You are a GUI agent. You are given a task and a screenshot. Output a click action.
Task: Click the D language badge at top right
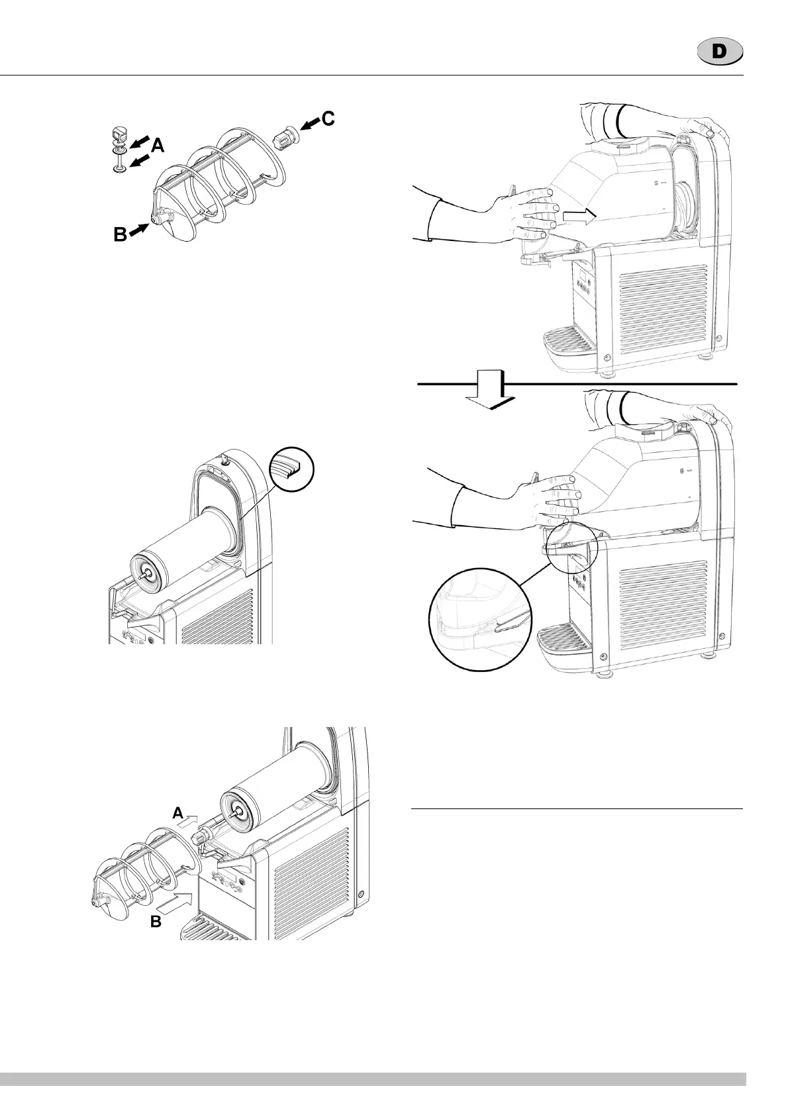pos(720,52)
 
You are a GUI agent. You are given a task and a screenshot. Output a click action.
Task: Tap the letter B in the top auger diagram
pos(119,233)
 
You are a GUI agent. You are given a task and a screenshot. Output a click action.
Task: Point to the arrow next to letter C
pos(309,124)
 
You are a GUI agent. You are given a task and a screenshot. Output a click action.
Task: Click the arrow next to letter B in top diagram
pos(139,228)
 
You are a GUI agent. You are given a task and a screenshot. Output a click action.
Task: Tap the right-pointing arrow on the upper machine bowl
pos(577,215)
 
